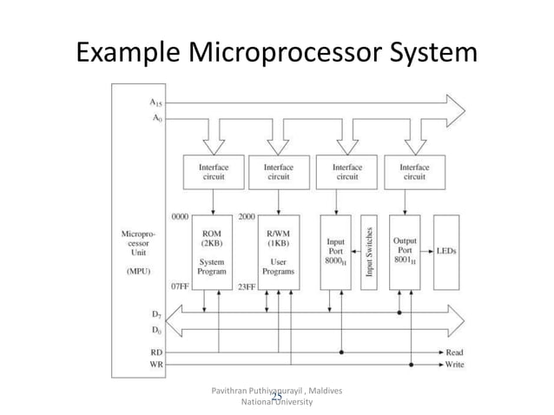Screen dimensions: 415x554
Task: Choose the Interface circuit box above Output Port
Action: (413, 171)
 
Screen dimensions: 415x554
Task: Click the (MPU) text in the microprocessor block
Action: (137, 269)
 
